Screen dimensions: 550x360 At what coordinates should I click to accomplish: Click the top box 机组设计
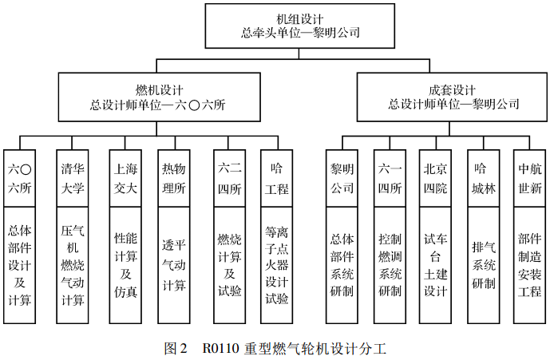tap(300, 26)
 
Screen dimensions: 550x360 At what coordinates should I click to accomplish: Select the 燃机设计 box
tap(159, 97)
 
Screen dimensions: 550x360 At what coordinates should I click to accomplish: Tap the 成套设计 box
tap(452, 97)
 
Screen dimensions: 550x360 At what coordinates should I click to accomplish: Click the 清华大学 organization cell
tap(73, 178)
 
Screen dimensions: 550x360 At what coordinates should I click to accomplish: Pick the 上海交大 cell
tap(125, 178)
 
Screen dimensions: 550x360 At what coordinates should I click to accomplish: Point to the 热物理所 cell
tap(174, 178)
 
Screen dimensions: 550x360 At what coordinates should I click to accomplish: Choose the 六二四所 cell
tap(230, 178)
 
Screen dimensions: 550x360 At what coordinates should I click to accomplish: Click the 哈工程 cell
tap(277, 178)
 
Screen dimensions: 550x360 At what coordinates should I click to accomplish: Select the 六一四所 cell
tap(390, 178)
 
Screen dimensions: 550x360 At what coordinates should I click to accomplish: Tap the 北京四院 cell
tap(435, 178)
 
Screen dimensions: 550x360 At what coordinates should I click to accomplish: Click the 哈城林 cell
tap(484, 178)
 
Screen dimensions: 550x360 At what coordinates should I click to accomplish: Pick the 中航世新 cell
tap(530, 178)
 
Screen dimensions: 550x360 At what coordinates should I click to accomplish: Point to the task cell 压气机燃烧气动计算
tap(73, 265)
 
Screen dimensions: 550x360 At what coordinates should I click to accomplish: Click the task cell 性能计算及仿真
tap(125, 265)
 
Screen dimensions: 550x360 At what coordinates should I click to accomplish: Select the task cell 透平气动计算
tap(174, 265)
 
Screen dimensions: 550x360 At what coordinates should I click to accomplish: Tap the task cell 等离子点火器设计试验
tap(277, 265)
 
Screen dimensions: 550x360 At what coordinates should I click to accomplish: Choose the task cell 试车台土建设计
tap(435, 265)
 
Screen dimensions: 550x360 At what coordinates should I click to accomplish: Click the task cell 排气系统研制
tap(484, 265)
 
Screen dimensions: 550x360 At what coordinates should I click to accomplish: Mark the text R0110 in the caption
tap(220, 348)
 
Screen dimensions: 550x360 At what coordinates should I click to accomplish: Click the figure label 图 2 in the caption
tap(176, 348)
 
